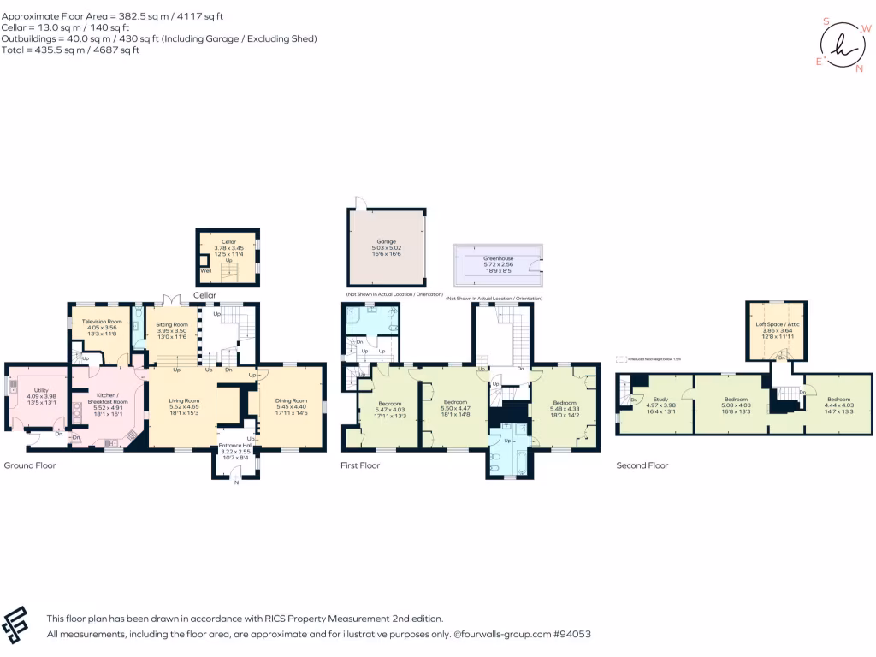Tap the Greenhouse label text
click(x=497, y=257)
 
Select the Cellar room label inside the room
click(x=228, y=242)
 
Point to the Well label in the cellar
click(x=204, y=270)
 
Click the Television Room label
click(x=102, y=321)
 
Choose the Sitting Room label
click(x=172, y=325)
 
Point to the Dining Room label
click(x=291, y=400)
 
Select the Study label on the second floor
click(x=660, y=399)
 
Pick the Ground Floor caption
click(x=30, y=465)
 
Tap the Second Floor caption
click(x=642, y=465)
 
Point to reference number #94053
click(x=571, y=635)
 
